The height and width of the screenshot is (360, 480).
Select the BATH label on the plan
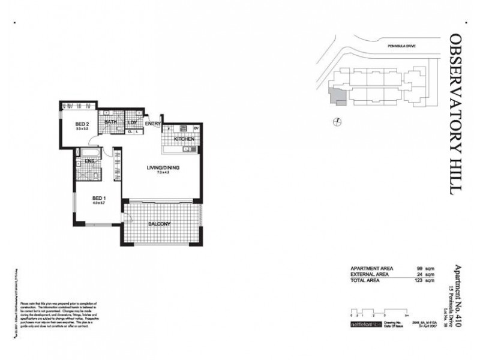coord(111,122)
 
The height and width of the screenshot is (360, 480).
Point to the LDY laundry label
coord(133,122)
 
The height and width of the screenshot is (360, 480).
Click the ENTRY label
coord(152,124)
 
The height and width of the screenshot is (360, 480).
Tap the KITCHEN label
coord(184,139)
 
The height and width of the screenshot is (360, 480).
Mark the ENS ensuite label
coord(89,161)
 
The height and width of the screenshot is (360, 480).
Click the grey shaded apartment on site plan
coord(335,95)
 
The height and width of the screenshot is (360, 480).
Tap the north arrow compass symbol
coord(338,122)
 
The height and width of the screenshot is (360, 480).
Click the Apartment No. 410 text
coord(459,292)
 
